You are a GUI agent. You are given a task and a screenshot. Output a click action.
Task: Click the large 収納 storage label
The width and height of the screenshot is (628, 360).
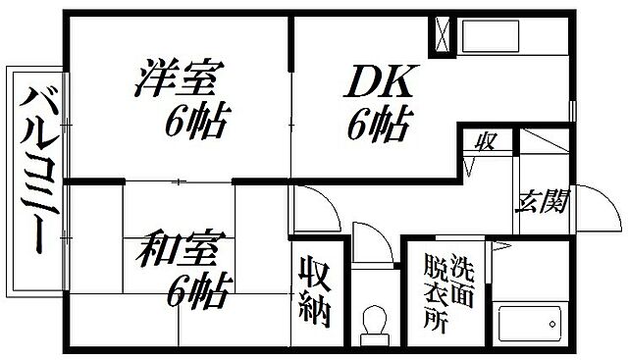(316, 293)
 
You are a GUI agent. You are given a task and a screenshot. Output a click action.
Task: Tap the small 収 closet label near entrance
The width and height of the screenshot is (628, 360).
(485, 141)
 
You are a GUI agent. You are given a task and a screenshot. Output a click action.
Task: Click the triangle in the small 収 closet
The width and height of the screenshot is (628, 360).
(473, 163)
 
